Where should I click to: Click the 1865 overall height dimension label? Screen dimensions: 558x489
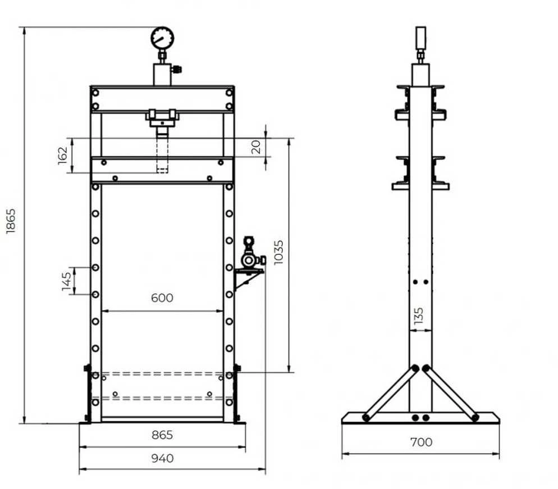click(11, 221)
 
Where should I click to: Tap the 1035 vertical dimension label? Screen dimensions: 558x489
click(278, 252)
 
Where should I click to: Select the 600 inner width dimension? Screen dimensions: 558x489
click(162, 298)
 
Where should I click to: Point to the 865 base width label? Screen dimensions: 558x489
click(162, 435)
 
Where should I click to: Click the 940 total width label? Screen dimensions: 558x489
click(162, 458)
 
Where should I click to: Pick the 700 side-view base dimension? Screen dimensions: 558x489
click(421, 442)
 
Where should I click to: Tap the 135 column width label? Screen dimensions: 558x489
click(419, 316)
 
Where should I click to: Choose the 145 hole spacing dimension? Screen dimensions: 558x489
click(67, 281)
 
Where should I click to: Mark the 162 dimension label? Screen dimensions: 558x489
click(63, 156)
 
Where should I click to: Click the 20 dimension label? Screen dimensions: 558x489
click(256, 147)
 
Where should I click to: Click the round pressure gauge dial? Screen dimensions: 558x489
click(162, 38)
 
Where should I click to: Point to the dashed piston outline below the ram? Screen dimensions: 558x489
click(162, 156)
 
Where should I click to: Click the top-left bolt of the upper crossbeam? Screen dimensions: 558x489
click(95, 93)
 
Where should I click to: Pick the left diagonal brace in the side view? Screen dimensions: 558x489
click(390, 393)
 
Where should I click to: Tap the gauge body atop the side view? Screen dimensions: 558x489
click(420, 38)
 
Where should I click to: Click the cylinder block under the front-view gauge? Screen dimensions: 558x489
click(162, 75)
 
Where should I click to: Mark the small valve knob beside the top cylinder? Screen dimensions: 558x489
click(176, 69)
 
